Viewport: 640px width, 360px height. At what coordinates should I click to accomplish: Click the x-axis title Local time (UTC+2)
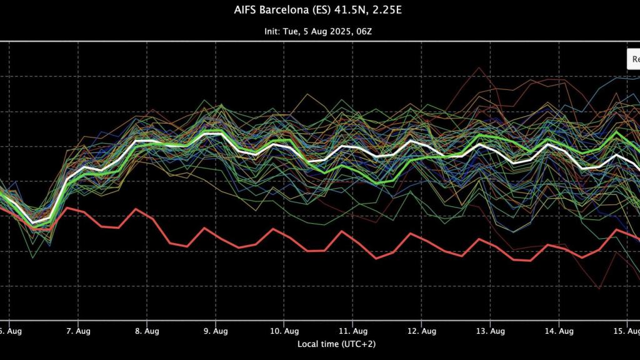pos(337,343)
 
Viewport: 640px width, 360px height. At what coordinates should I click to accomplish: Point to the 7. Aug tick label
pos(77,331)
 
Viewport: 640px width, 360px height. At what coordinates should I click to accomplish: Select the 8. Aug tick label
pos(146,331)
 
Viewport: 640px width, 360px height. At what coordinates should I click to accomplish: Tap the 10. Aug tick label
pos(284,331)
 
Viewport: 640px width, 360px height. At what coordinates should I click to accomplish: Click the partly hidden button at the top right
pos(634,59)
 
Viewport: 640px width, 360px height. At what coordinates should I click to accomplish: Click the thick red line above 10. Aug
pos(282,234)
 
